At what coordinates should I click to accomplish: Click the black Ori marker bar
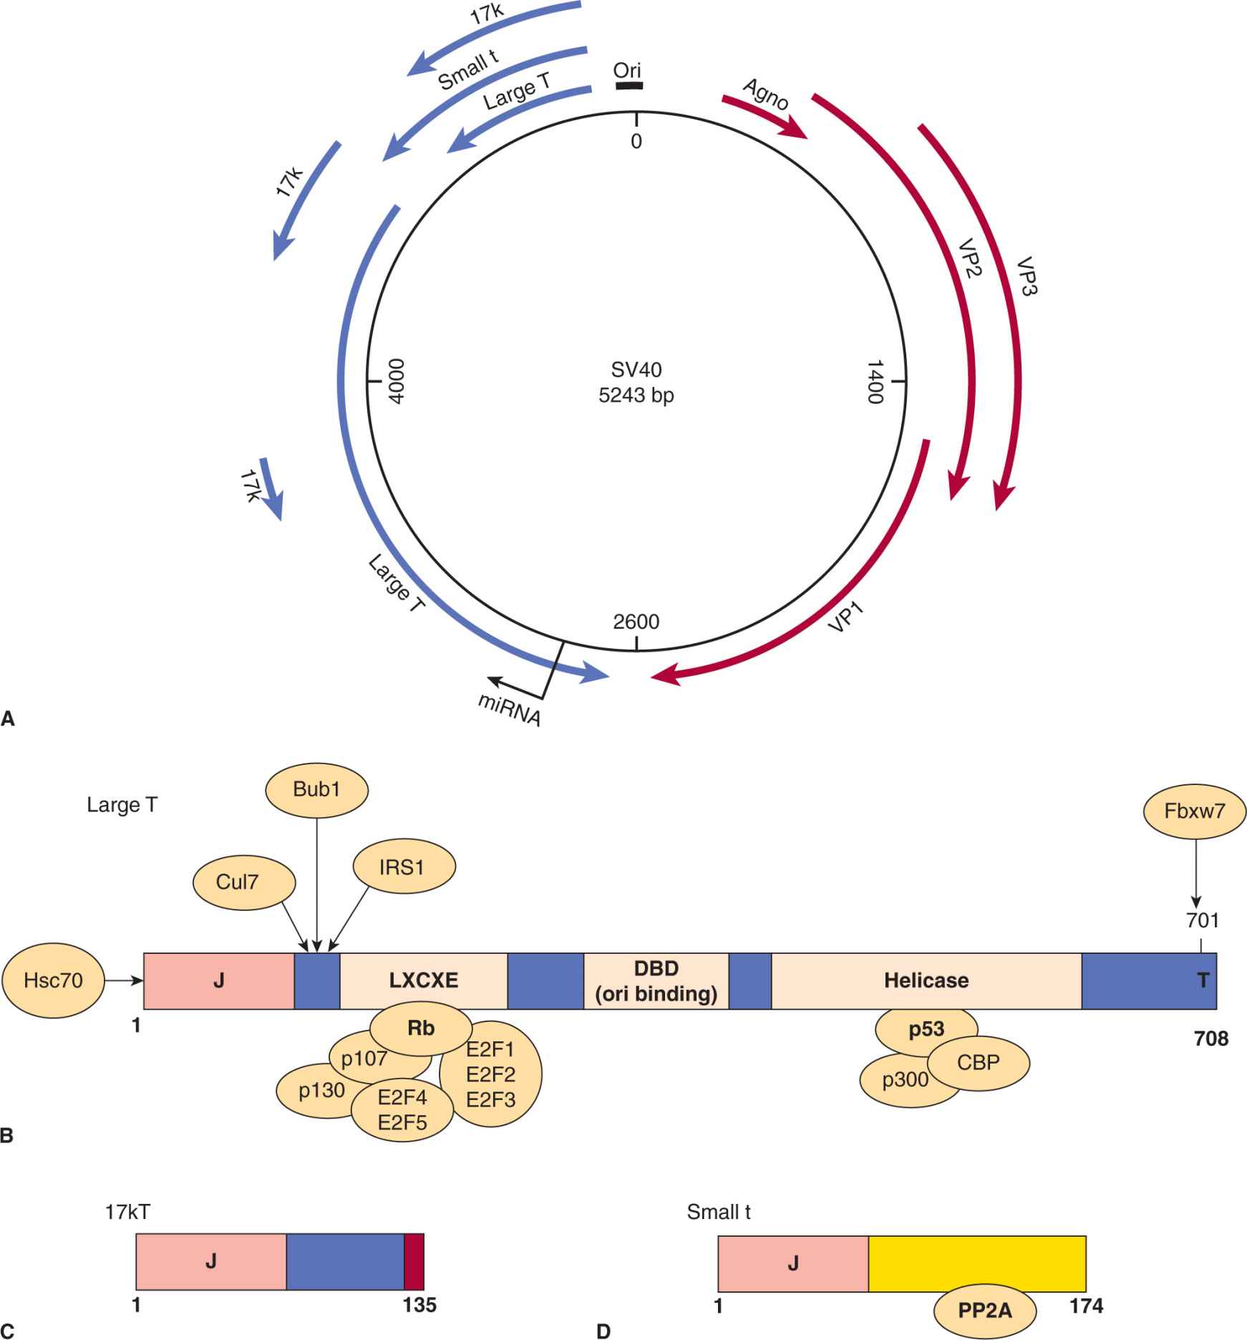629,85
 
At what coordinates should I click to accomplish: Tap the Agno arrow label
766,95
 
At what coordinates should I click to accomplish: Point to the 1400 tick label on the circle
875,382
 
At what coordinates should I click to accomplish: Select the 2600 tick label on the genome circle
636,622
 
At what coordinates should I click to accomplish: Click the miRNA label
510,710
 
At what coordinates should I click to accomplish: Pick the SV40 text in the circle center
636,370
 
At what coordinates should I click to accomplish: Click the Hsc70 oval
54,980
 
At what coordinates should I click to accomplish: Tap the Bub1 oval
317,789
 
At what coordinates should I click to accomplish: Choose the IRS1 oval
404,867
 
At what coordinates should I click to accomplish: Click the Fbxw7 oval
1195,811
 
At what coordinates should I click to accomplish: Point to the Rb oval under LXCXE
421,1028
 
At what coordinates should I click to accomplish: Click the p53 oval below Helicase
927,1029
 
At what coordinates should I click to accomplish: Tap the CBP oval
978,1061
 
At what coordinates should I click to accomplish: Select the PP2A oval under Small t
985,1310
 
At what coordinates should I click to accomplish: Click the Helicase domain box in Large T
926,980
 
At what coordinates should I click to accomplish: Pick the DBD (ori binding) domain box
656,980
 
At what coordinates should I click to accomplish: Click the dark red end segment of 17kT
414,1261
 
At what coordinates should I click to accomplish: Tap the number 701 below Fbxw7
1203,920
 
